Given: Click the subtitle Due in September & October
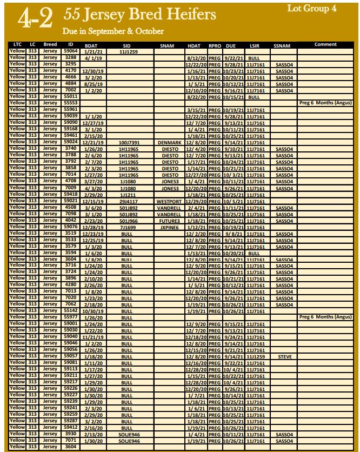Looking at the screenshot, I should [x=113, y=31].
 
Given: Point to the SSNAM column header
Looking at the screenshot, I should [x=283, y=45].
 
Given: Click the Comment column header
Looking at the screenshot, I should [x=325, y=44].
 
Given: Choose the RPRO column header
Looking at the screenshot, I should [x=215, y=45].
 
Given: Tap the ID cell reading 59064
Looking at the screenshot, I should [x=71, y=51].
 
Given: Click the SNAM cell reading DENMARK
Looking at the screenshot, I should [x=169, y=142].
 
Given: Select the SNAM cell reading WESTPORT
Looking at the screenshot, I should [x=169, y=201].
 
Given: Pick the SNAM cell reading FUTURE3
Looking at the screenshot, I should [x=169, y=221].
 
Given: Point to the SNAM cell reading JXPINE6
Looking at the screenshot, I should [x=169, y=227].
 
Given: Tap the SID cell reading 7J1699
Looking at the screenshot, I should [x=127, y=227].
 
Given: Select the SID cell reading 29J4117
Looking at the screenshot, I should [x=128, y=201].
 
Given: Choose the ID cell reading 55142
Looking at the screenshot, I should [x=71, y=311].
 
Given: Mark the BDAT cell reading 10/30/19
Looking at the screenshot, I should [x=93, y=311].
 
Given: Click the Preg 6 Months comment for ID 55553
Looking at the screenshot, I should [x=325, y=103].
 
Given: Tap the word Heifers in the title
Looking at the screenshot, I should [x=188, y=14].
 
